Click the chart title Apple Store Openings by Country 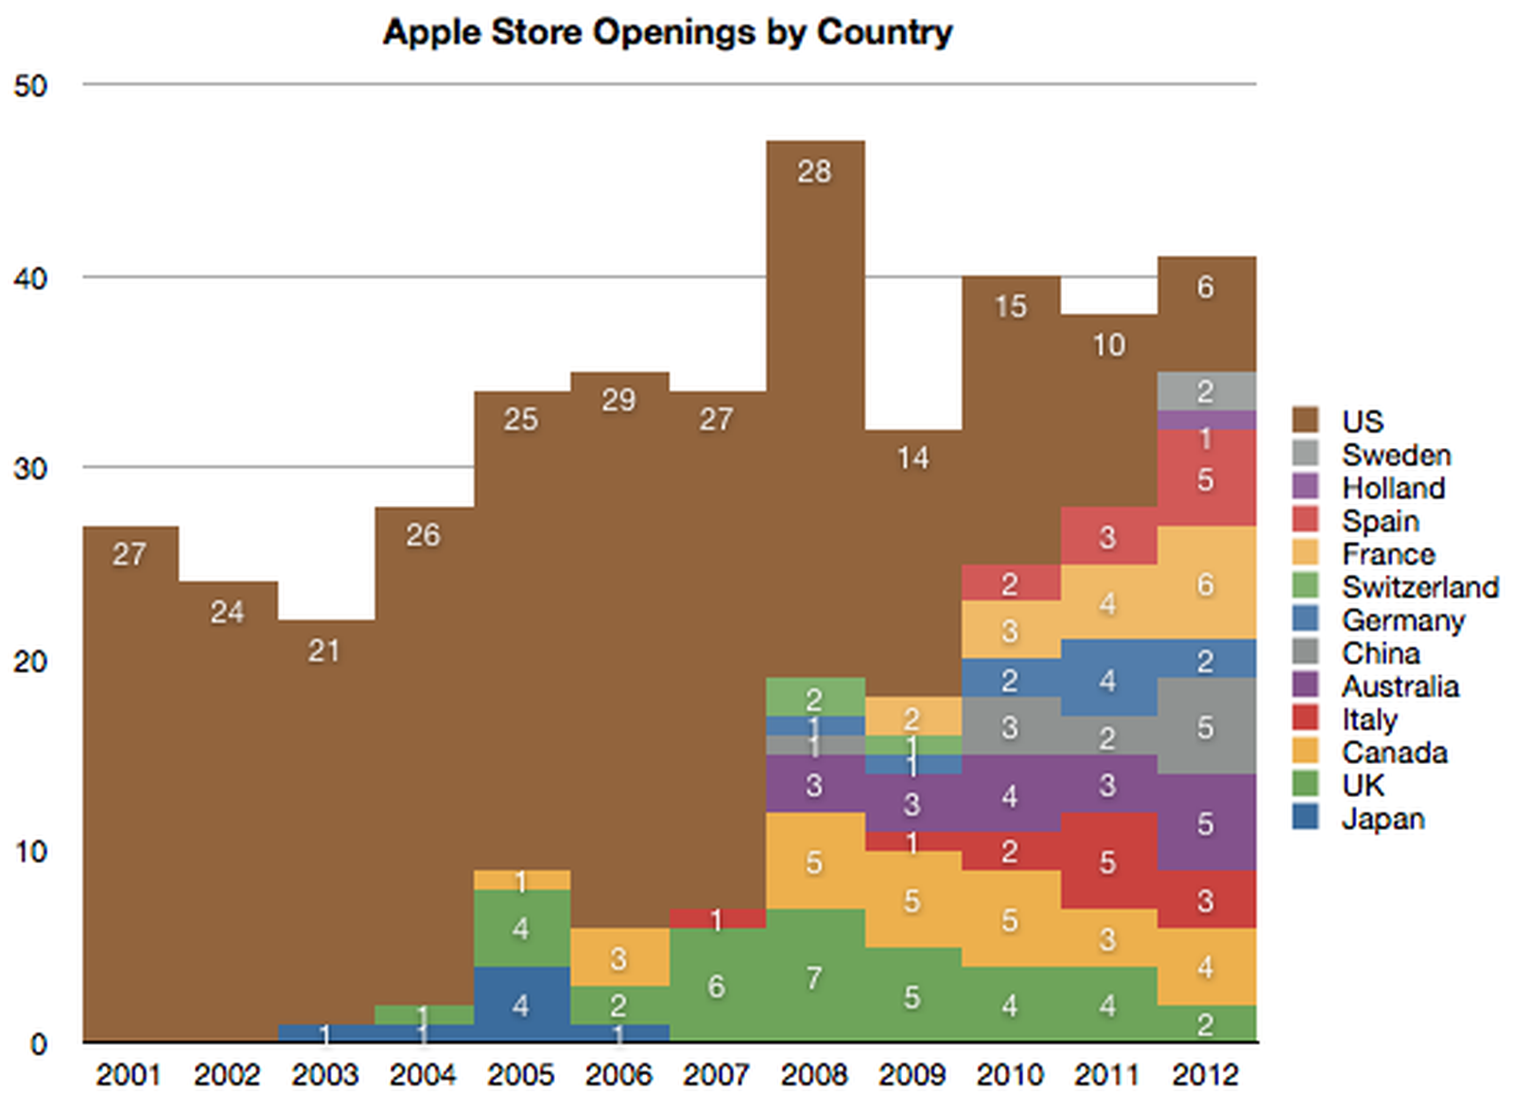point(668,32)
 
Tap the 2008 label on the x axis point(814,1075)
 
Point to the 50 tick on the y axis point(30,86)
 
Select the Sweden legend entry point(1396,455)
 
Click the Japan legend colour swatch point(1305,817)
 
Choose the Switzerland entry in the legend point(1419,587)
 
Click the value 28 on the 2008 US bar point(814,171)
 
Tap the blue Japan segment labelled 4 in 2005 point(521,1004)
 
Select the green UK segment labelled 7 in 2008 point(814,977)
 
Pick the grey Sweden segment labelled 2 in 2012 point(1206,390)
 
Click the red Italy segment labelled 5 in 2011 point(1107,861)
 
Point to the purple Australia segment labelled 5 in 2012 point(1206,823)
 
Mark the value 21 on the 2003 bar point(324,650)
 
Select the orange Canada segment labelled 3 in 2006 point(618,958)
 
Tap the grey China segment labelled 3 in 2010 point(1010,727)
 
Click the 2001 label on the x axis point(129,1075)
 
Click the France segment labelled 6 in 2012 point(1206,583)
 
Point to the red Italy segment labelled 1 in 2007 point(717,918)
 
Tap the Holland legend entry point(1393,488)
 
